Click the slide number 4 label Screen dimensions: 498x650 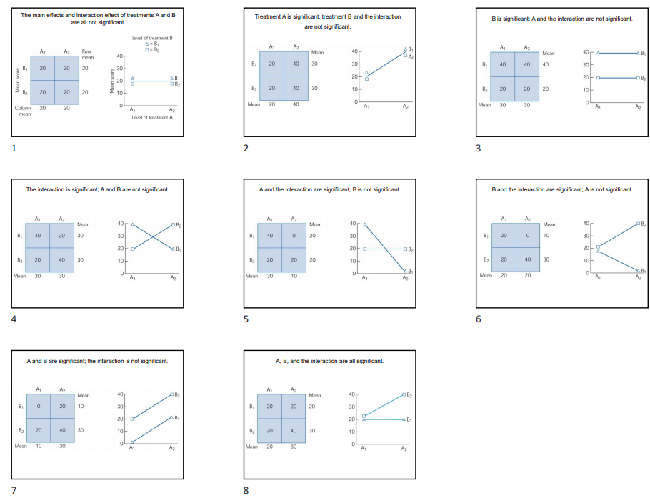(14, 319)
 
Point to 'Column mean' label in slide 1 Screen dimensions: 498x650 (23, 111)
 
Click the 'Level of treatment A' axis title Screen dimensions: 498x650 (153, 117)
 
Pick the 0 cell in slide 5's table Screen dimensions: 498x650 (294, 236)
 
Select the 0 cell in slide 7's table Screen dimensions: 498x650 (39, 407)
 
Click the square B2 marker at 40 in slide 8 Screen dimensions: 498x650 (405, 394)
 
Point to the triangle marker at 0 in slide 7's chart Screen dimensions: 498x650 (133, 442)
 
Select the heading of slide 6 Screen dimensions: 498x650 (561, 189)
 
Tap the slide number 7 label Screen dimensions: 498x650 (14, 490)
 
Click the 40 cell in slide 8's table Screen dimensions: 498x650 (294, 431)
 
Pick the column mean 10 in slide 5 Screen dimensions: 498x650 (294, 275)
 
